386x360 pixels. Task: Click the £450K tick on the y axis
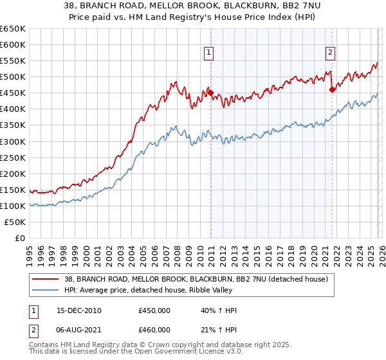[13, 93]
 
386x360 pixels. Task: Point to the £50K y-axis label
[15, 222]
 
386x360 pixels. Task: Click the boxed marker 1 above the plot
[210, 53]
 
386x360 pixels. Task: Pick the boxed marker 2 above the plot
[331, 53]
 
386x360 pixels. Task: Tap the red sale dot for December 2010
[210, 93]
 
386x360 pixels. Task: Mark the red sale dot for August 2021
[332, 90]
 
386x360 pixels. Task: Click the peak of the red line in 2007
[174, 82]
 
